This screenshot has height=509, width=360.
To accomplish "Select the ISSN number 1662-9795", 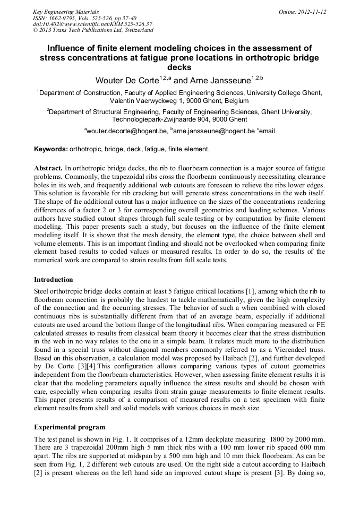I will click(66, 18).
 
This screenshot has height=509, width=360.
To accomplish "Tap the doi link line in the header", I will click(92, 24).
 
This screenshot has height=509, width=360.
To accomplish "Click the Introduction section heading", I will click(54, 279).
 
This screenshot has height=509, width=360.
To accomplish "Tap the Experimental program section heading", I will click(70, 427).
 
